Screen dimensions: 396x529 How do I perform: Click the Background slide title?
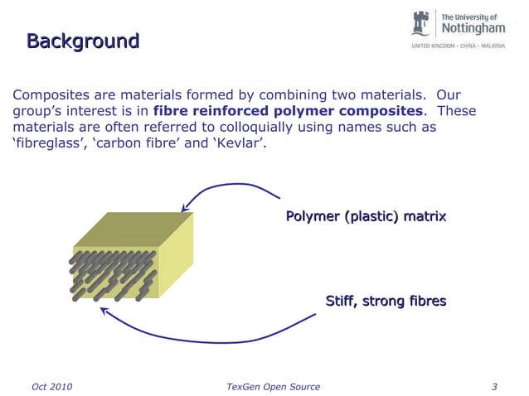[82, 41]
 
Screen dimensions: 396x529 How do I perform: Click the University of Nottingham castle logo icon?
[425, 24]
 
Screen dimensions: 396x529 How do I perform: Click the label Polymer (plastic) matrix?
[366, 217]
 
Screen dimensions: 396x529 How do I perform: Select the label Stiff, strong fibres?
[386, 301]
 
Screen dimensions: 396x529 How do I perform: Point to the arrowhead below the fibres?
[104, 312]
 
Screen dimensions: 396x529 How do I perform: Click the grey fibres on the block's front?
[112, 273]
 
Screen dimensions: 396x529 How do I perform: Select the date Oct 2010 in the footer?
[51, 386]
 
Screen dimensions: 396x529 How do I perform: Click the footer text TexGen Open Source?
[273, 386]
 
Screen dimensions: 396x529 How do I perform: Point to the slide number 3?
[494, 386]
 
